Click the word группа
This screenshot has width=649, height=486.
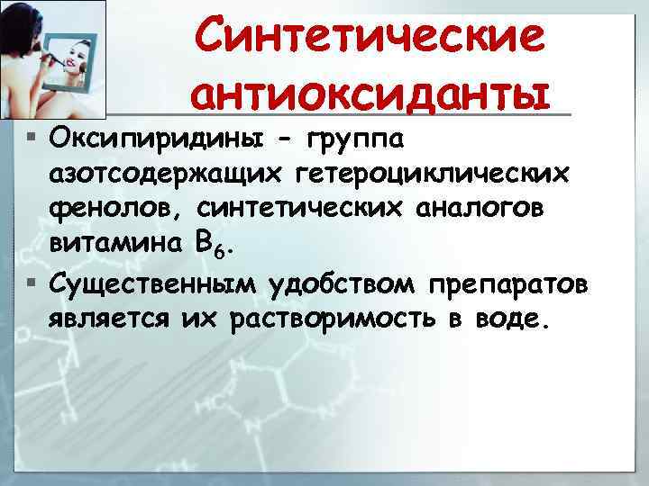pos(357,140)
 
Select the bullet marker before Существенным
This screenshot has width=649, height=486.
pos(32,284)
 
